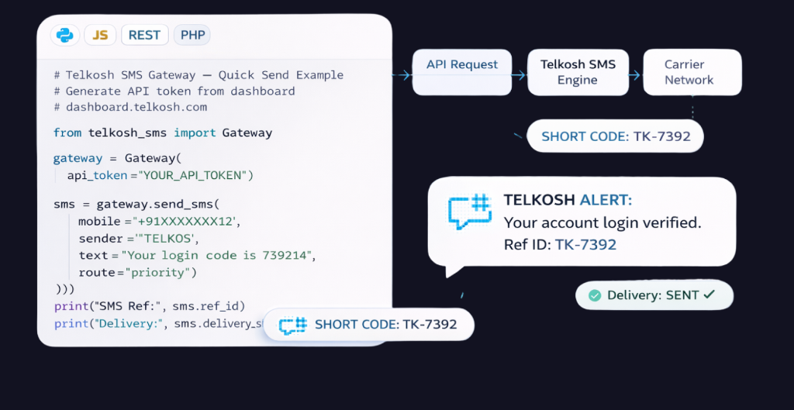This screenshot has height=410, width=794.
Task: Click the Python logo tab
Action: click(x=66, y=35)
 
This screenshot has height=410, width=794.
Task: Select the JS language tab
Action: click(x=100, y=35)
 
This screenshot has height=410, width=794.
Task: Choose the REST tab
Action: click(x=144, y=35)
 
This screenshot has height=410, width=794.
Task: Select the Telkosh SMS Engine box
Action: click(x=577, y=72)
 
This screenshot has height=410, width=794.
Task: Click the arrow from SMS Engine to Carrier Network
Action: click(x=634, y=75)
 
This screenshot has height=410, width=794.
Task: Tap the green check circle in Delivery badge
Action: click(x=595, y=295)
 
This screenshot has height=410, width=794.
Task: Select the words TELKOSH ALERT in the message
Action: click(x=568, y=200)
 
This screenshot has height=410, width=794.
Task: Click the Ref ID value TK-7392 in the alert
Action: click(x=585, y=245)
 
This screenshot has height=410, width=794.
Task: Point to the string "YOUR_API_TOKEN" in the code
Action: click(x=193, y=176)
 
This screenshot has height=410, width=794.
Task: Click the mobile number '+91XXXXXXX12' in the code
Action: click(x=187, y=222)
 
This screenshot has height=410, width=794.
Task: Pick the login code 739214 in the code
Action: click(x=292, y=255)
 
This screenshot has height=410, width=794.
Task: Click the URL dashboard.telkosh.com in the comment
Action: click(x=136, y=107)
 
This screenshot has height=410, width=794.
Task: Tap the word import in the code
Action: click(x=195, y=133)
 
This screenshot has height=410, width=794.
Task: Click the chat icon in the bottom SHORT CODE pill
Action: click(x=293, y=325)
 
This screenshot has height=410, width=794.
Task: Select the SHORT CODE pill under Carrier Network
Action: click(x=616, y=136)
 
